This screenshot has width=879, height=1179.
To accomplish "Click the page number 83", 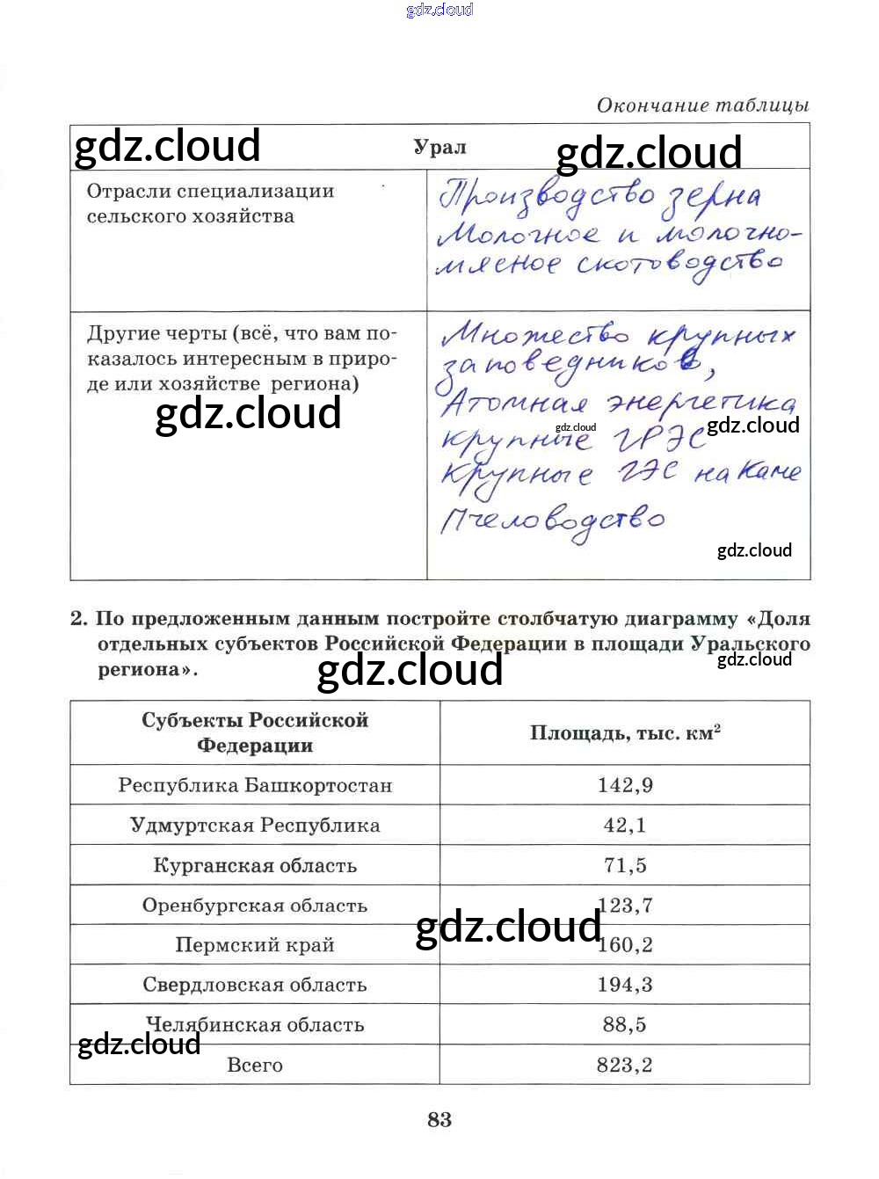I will tap(439, 1119).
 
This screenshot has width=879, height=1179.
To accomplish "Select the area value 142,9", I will tap(625, 785).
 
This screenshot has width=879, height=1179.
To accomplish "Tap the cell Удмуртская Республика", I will tap(255, 826).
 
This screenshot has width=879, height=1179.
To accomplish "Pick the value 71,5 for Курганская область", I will tap(625, 865).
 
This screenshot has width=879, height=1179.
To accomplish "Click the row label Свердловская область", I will tap(255, 985).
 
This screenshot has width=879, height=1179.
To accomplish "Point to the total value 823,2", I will tap(625, 1065).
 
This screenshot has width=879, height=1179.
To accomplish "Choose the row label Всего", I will tap(255, 1065).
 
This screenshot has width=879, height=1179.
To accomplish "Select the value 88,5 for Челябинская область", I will tap(625, 1024).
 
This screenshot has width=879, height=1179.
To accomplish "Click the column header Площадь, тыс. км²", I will tap(625, 733).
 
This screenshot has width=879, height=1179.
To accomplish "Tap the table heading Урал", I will tap(439, 147).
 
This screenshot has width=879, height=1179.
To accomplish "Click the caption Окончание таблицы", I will tap(702, 106).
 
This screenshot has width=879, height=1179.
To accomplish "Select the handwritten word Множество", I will tap(534, 335).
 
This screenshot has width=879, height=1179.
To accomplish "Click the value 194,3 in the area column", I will tap(625, 985).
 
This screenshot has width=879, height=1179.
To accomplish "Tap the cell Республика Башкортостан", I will tap(255, 785).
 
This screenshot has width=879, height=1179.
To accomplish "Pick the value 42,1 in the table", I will tap(625, 826).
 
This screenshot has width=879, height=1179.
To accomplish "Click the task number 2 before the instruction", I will tap(79, 619).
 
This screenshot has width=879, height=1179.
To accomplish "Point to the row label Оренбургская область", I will tap(255, 906).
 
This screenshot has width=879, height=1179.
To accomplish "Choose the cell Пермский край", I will tap(255, 945).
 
